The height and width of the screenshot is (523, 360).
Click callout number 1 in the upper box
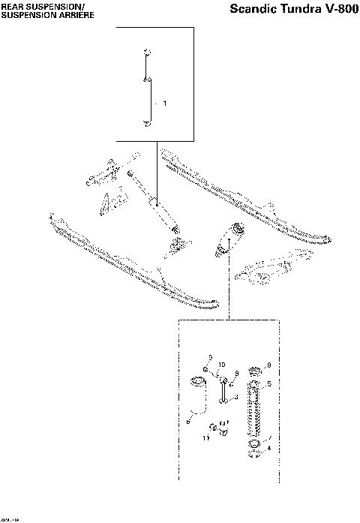pyautogui.click(x=164, y=101)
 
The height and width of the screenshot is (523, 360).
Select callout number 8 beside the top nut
pyautogui.click(x=268, y=366)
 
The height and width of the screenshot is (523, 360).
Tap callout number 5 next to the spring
pyautogui.click(x=269, y=383)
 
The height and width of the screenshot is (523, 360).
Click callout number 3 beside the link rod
pyautogui.click(x=236, y=397)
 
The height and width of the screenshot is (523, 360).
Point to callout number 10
pyautogui.click(x=221, y=365)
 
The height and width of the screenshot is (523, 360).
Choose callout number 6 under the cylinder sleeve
pyautogui.click(x=187, y=422)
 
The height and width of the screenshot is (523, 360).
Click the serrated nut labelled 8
pyautogui.click(x=252, y=370)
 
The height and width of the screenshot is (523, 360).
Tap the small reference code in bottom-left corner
pyautogui.click(x=10, y=517)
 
